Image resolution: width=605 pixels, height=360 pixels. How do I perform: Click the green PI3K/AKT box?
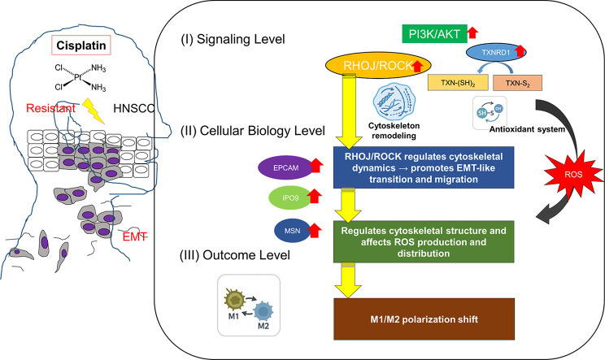pyautogui.click(x=434, y=34)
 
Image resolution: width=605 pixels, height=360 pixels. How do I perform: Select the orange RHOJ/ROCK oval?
pyautogui.click(x=378, y=66)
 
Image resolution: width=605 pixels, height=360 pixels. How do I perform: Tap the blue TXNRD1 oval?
pyautogui.click(x=496, y=53)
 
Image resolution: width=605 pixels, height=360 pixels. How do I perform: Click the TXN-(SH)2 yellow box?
pyautogui.click(x=458, y=83)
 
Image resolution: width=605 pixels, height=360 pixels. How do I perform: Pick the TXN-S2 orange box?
pyautogui.click(x=517, y=83)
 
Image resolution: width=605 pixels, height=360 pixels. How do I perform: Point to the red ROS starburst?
pyautogui.click(x=573, y=175)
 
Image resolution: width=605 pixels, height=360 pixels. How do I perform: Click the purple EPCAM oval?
pyautogui.click(x=286, y=167)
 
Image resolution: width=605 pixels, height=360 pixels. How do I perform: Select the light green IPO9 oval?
pyautogui.click(x=290, y=197)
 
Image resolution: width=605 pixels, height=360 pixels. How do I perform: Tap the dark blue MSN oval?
pyautogui.click(x=292, y=231)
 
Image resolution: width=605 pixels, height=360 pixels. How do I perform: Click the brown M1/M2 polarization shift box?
pyautogui.click(x=424, y=319)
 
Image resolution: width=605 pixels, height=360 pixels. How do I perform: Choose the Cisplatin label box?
pyautogui.click(x=81, y=46)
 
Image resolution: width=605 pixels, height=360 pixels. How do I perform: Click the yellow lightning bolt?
pyautogui.click(x=94, y=111)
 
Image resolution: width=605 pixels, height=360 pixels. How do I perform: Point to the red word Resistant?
pyautogui.click(x=50, y=108)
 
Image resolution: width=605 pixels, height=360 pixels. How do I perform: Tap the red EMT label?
pyautogui.click(x=134, y=236)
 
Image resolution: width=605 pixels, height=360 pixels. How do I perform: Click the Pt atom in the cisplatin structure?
pyautogui.click(x=78, y=77)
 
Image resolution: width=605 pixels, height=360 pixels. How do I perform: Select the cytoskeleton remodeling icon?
pyautogui.click(x=394, y=102)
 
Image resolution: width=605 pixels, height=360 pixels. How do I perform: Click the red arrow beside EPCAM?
pyautogui.click(x=316, y=165)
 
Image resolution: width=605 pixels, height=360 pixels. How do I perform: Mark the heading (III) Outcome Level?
pyautogui.click(x=235, y=255)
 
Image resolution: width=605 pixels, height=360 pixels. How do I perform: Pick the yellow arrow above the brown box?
pyautogui.click(x=348, y=280)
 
